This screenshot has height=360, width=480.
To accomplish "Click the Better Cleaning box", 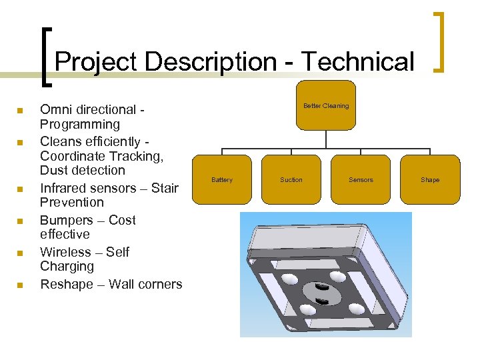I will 326,106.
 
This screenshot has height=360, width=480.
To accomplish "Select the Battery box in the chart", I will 222,179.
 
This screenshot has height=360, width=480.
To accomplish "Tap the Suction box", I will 291,179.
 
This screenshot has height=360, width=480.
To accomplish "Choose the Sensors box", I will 361,179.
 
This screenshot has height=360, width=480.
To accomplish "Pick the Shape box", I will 430,179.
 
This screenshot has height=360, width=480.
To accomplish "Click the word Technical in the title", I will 357,62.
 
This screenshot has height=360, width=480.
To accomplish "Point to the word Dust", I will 55,171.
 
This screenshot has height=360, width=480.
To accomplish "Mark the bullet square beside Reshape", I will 21,285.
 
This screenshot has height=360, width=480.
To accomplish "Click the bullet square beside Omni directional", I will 21,110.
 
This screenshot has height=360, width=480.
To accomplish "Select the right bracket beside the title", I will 440,41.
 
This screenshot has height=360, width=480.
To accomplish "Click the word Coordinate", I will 76,156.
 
